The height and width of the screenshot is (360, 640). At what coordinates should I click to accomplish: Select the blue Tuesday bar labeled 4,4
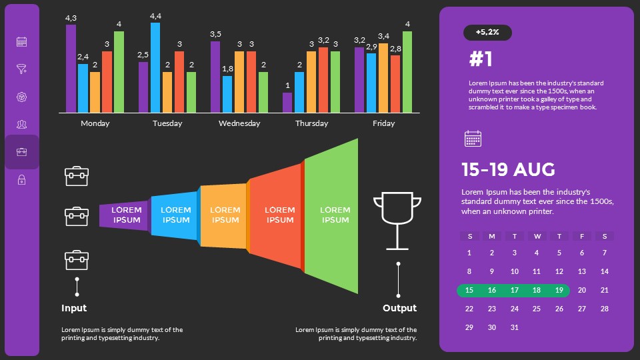(155, 67)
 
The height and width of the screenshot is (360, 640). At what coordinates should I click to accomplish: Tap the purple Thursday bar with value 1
(287, 103)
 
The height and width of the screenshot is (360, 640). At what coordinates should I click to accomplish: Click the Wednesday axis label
(239, 123)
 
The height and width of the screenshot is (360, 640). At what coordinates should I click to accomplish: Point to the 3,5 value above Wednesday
(215, 34)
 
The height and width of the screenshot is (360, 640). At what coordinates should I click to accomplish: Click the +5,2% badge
(487, 32)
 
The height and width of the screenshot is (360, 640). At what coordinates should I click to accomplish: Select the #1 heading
(481, 59)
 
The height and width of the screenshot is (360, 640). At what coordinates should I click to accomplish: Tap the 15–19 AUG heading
(508, 169)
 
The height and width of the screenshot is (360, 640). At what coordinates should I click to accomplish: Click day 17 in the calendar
(514, 290)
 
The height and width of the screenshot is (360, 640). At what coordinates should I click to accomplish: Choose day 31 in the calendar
(514, 327)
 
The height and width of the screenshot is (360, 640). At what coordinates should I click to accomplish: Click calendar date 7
(604, 253)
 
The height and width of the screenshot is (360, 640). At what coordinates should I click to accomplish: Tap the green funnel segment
(331, 215)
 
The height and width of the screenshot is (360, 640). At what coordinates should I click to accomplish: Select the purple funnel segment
(125, 215)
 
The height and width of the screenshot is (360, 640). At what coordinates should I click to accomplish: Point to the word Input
(74, 308)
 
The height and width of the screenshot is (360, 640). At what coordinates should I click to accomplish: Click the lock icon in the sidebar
(21, 179)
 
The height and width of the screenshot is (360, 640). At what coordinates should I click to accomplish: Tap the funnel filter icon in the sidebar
(21, 69)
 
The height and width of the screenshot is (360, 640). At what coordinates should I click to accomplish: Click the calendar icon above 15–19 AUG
(473, 139)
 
